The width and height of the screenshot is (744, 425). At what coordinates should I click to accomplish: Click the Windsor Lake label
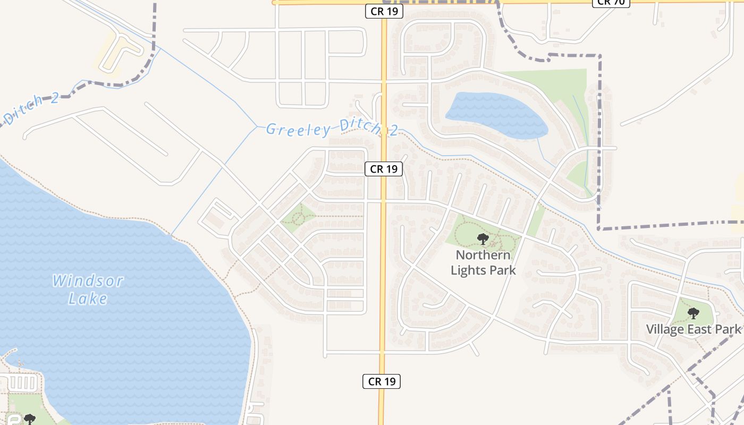88,290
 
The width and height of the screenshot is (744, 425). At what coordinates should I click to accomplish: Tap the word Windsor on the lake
88,280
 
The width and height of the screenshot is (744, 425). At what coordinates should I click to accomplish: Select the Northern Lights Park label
483,262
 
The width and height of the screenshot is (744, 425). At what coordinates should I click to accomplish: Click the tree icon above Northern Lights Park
483,239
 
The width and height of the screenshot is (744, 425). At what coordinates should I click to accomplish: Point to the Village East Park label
693,329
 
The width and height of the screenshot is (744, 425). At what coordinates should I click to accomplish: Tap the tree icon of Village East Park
693,313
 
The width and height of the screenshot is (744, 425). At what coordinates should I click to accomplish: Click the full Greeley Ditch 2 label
332,129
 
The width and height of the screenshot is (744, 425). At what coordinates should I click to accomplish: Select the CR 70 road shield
611,2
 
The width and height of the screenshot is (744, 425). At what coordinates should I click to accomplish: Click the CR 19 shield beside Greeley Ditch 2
384,169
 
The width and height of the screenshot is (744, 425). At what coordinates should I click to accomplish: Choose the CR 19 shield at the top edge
384,11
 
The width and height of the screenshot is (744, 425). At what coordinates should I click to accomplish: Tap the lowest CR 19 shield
382,381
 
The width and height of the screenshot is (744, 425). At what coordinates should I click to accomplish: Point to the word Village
665,329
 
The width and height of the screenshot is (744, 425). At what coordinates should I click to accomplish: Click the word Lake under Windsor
88,299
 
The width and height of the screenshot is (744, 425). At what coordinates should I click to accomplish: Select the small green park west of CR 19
297,218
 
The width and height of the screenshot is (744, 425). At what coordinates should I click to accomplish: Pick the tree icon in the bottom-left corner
29,420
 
